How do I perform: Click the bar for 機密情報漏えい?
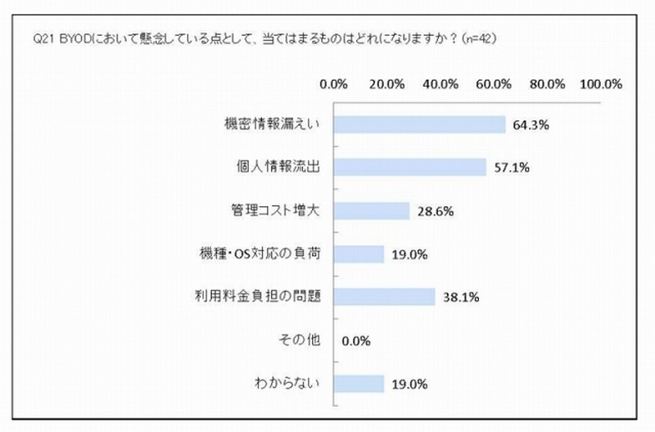[x=420, y=124]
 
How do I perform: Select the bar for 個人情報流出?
[x=410, y=168]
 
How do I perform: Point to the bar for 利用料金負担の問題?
[x=385, y=297]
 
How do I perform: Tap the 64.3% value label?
[x=530, y=125]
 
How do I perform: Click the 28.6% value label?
[x=434, y=211]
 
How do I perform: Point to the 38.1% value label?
[x=459, y=297]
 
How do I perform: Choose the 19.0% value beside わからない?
[x=408, y=383]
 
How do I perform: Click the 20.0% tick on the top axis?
[x=387, y=83]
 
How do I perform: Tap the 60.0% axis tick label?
[x=495, y=83]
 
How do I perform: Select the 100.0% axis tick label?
[x=601, y=83]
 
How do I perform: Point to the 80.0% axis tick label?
[x=548, y=83]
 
